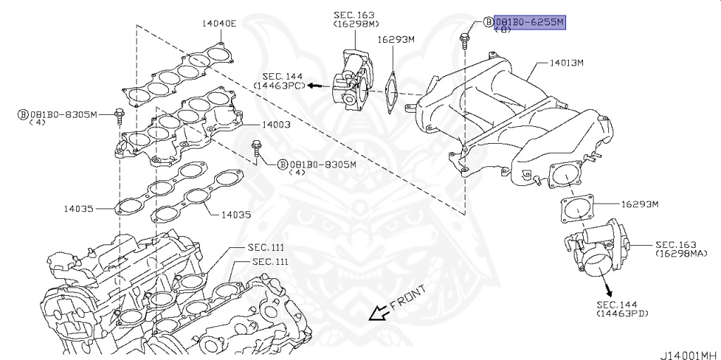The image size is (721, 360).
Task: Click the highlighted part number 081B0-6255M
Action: (x=529, y=22)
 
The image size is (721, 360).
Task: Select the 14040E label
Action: (x=219, y=23)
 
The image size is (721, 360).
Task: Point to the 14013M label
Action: (x=566, y=63)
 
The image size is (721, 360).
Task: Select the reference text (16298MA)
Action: (x=680, y=252)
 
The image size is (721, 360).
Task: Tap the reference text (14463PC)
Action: (x=280, y=85)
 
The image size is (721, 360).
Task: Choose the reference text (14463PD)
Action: (x=622, y=312)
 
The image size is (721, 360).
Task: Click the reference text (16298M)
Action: (x=356, y=24)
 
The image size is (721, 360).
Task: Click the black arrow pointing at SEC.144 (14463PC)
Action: (x=316, y=85)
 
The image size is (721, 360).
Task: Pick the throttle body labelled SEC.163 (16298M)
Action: (x=353, y=77)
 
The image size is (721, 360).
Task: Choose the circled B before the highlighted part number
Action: (x=488, y=22)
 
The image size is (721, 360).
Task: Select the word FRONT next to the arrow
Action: (x=407, y=300)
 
